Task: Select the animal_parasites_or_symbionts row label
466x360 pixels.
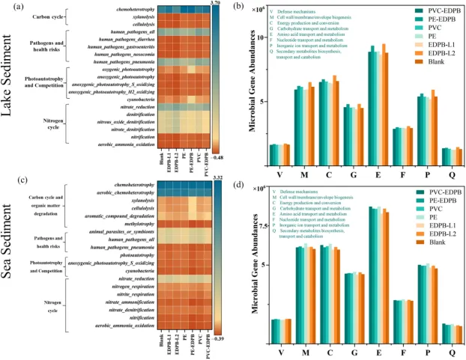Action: pos(120,232)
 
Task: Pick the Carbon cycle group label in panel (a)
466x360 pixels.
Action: pos(58,16)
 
